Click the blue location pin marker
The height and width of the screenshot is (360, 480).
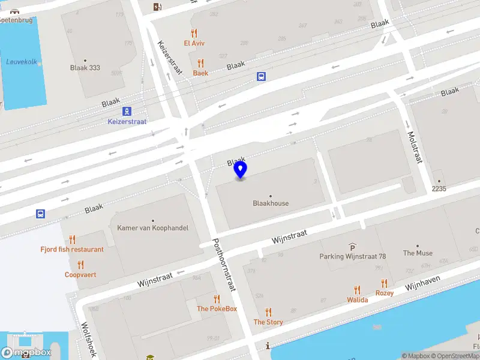click(241, 170)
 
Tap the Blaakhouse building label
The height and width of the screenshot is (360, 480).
click(271, 203)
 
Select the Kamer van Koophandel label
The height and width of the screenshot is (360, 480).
click(152, 228)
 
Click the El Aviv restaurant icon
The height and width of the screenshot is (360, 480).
click(194, 33)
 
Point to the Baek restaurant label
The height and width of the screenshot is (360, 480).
click(200, 73)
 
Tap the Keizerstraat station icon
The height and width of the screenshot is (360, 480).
click(127, 111)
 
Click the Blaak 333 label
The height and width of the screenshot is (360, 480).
click(85, 68)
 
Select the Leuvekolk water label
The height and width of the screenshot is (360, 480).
click(21, 62)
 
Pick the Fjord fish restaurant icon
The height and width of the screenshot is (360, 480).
click(72, 239)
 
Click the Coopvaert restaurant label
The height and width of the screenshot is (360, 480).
click(80, 275)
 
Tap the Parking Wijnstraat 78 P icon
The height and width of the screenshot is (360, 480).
click(352, 247)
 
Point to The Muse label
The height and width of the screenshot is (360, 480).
click(418, 253)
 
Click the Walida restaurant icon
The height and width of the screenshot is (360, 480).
click(357, 290)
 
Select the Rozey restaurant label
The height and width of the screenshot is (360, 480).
click(385, 293)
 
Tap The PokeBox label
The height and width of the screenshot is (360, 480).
click(217, 309)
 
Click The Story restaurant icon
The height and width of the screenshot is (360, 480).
click(268, 312)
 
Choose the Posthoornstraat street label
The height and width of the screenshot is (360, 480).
click(223, 265)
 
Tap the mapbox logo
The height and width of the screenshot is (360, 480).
click(26, 353)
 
